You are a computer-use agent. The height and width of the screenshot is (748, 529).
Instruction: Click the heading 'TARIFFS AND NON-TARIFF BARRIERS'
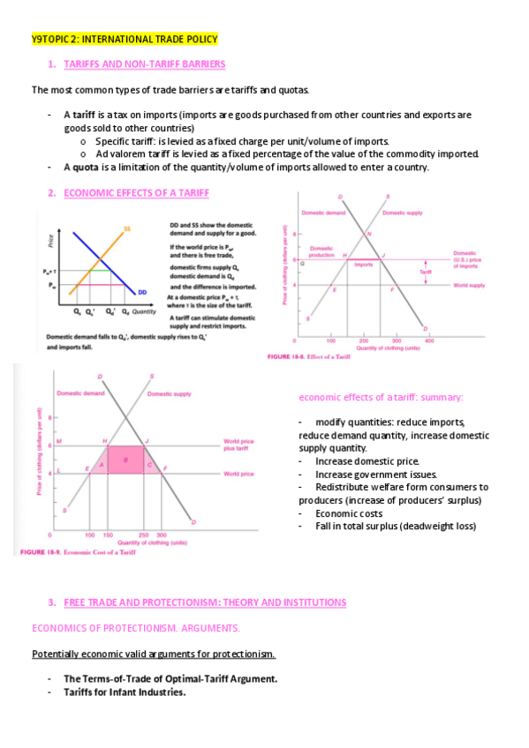145,64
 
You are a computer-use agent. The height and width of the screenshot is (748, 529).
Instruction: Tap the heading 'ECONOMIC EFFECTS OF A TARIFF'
137,192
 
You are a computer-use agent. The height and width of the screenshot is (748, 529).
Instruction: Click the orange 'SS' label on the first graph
127,229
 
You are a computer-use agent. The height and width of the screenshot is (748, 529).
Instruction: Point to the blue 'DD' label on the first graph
142,292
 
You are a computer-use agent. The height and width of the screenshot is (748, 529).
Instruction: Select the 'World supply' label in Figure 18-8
469,285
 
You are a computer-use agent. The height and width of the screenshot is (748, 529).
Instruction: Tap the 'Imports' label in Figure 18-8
363,264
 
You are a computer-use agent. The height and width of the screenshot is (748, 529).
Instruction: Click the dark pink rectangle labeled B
126,460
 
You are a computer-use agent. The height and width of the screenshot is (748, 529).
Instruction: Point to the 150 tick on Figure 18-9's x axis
108,535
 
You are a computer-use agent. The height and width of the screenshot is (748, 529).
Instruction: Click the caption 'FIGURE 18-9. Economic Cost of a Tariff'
77,552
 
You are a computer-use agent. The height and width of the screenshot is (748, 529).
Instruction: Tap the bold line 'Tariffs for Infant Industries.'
125,692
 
